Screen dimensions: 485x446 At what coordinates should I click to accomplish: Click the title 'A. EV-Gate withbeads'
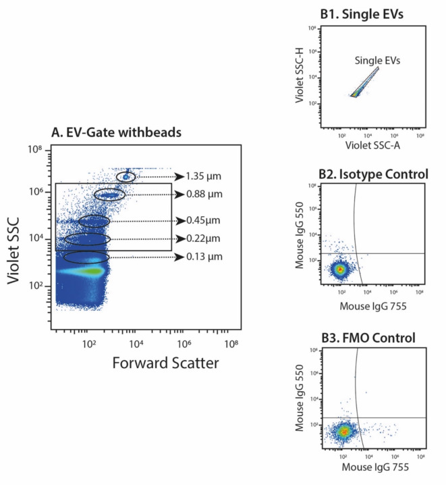click(x=117, y=132)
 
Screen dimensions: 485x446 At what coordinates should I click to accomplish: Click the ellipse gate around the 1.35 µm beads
click(x=126, y=176)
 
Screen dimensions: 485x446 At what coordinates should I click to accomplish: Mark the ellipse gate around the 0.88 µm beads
click(x=109, y=195)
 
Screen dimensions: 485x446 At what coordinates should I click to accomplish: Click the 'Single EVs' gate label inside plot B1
click(x=378, y=61)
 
